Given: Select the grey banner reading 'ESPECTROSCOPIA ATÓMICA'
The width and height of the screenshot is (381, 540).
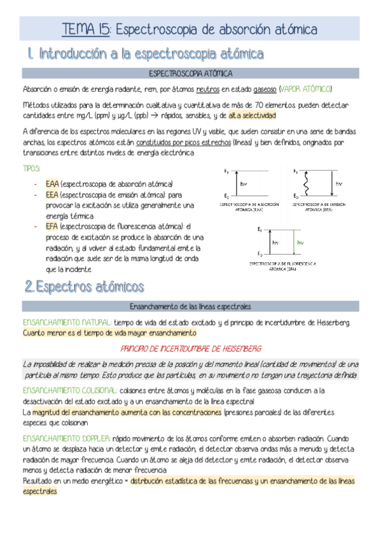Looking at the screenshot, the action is [x=190, y=74].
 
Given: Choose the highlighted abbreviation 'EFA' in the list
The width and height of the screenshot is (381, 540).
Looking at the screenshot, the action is [x=53, y=226].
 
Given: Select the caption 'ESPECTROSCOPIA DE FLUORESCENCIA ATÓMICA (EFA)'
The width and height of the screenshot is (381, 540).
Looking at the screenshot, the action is [x=282, y=264].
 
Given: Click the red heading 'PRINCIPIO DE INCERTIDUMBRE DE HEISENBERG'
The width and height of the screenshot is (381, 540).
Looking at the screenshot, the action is [x=191, y=348].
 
